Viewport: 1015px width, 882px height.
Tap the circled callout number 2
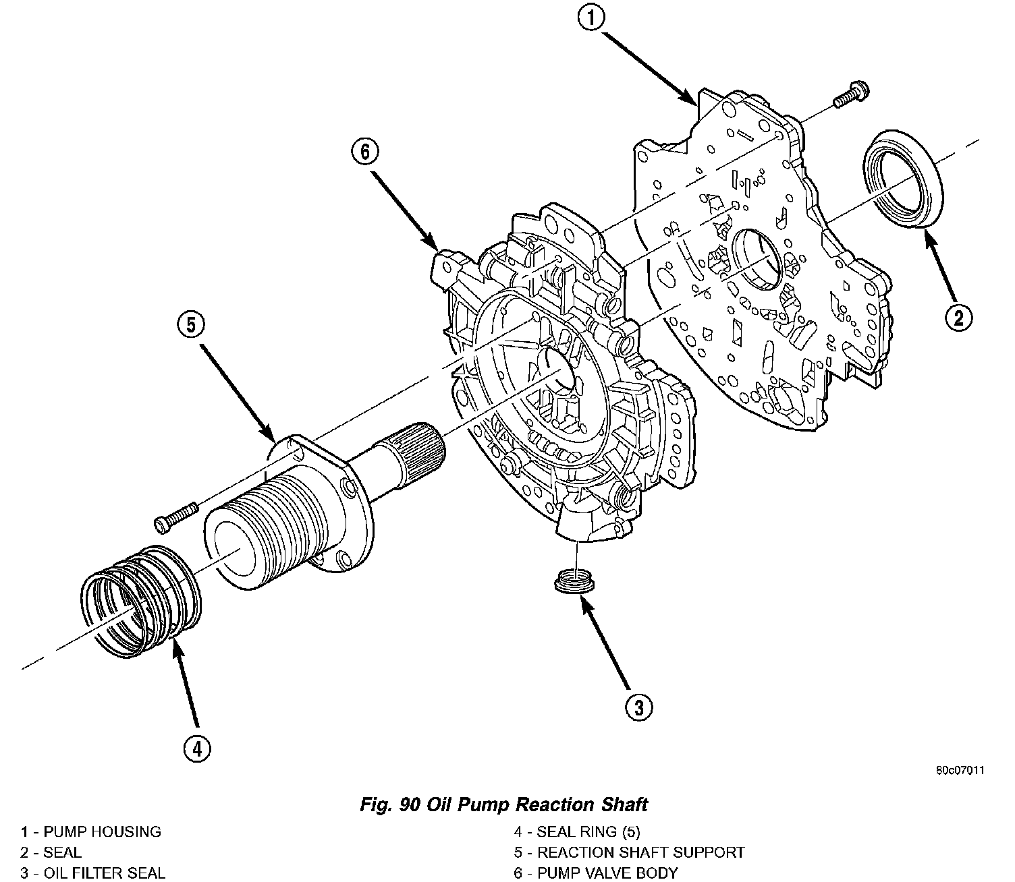click(958, 317)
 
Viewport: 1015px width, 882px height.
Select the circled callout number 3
click(638, 707)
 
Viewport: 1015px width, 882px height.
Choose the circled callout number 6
click(365, 152)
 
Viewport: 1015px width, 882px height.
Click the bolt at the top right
click(851, 94)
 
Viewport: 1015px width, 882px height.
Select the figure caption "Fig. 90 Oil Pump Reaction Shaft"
click(503, 804)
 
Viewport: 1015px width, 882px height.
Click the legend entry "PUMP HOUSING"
click(102, 831)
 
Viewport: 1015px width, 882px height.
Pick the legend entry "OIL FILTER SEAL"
click(104, 873)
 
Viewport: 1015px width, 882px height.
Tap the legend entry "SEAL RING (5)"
click(588, 831)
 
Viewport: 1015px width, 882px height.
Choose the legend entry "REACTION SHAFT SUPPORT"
click(641, 852)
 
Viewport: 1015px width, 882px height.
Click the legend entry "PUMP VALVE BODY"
click(607, 873)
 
